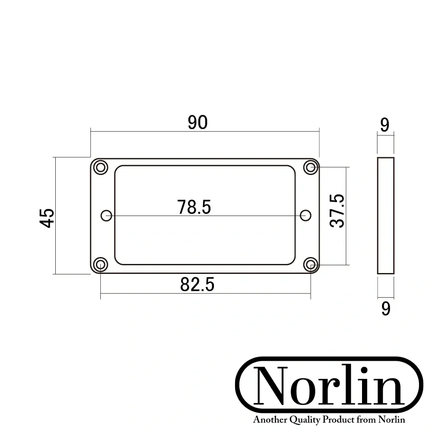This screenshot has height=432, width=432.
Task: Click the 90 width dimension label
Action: (197, 123)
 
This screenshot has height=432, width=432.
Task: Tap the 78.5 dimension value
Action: (194, 207)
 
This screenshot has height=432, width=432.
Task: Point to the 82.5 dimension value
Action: (197, 285)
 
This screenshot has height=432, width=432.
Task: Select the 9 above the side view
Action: (385, 125)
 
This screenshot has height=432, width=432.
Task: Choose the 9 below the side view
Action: (386, 309)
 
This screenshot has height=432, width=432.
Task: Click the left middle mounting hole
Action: (106, 215)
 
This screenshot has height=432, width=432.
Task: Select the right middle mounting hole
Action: (306, 215)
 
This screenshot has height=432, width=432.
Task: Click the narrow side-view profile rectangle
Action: (386, 216)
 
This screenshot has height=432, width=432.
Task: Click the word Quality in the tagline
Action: (307, 420)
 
